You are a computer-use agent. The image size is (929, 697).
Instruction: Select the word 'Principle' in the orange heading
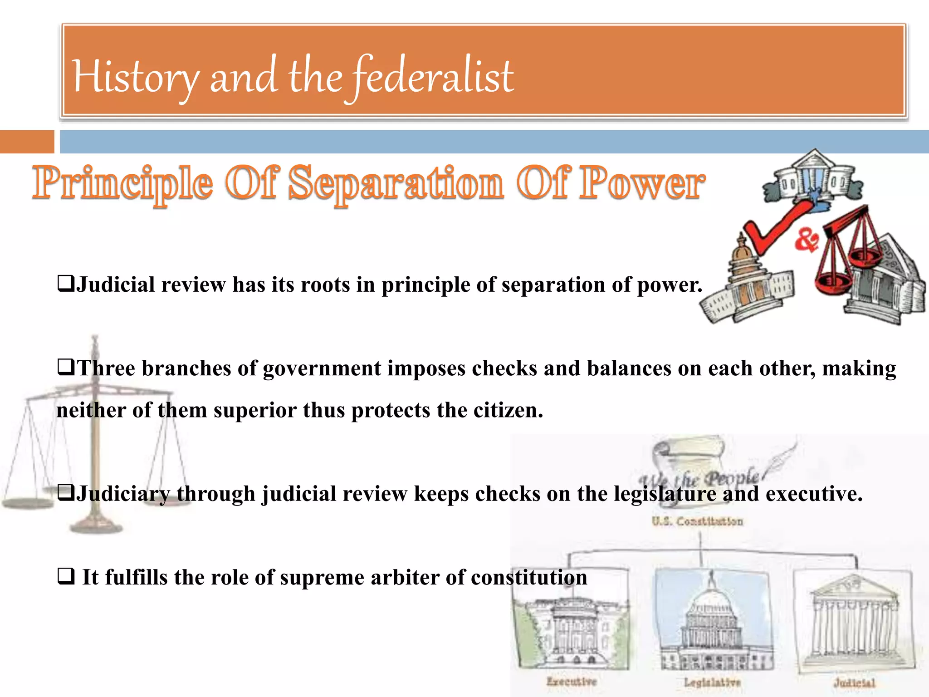tap(122, 183)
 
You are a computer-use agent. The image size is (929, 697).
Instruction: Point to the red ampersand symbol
tap(807, 241)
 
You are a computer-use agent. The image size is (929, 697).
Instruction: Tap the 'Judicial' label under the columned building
tap(854, 682)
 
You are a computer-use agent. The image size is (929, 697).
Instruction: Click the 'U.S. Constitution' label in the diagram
tap(698, 521)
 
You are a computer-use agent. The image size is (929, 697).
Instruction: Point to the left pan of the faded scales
tap(27, 503)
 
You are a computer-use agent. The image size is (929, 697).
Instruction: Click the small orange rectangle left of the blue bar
tap(27, 142)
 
